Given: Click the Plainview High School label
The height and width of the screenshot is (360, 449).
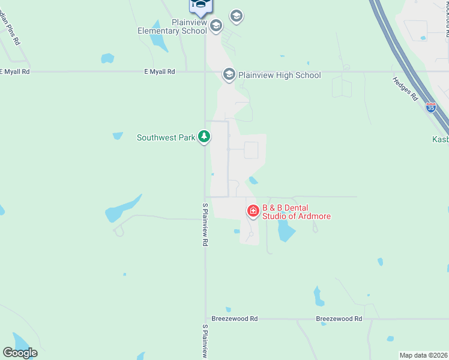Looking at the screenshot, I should [x=279, y=75].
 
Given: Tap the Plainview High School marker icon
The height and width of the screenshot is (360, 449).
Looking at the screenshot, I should [x=229, y=75].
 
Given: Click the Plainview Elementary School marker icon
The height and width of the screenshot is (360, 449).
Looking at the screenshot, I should [x=216, y=25].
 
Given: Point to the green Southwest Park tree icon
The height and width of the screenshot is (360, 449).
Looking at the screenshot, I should [x=205, y=137].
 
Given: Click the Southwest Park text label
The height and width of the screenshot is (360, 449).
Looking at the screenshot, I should [x=166, y=137].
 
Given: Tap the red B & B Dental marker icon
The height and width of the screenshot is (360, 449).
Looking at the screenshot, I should [x=253, y=211].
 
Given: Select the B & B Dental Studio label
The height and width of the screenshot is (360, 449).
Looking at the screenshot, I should [x=296, y=212].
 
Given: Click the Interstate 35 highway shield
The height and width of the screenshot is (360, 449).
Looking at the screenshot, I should [x=431, y=107].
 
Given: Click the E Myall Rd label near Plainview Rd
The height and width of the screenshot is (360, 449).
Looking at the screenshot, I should [x=160, y=71].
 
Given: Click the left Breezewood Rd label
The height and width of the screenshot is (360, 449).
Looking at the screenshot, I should [x=235, y=319].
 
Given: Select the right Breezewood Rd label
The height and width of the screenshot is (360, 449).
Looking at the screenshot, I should [x=339, y=319].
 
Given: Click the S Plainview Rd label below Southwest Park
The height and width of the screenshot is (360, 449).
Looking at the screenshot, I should [x=205, y=224].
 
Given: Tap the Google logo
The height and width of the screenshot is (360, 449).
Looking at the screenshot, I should [x=20, y=353].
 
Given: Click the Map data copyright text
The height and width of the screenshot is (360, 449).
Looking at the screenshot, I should [x=424, y=355].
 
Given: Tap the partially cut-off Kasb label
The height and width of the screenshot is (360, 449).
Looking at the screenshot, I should [x=440, y=139].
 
